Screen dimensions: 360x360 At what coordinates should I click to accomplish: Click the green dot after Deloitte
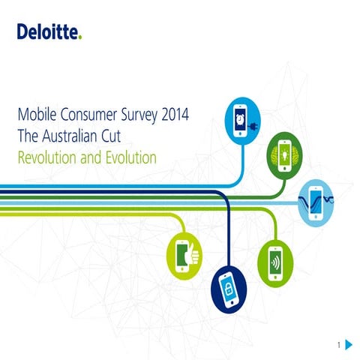[80, 37]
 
